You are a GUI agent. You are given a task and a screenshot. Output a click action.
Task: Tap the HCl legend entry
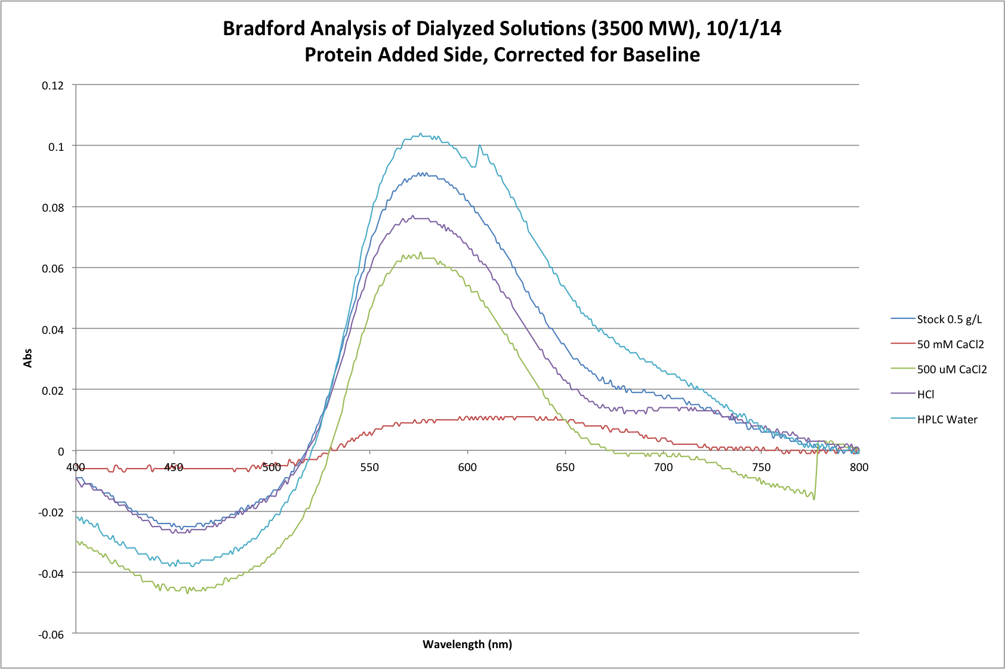[926, 395]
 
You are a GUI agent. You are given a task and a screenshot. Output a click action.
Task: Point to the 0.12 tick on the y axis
[53, 85]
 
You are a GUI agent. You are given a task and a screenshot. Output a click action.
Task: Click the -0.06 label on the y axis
[51, 634]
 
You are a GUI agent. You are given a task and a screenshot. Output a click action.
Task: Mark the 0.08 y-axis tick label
[53, 207]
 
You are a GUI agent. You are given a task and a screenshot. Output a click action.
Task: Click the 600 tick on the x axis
[467, 467]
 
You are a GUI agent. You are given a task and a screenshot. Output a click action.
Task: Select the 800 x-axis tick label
[859, 467]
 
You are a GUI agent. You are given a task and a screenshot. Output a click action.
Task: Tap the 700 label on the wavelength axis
[663, 467]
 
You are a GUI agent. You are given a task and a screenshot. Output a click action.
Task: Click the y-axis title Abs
[27, 358]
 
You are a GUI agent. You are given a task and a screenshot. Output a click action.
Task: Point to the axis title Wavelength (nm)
[467, 645]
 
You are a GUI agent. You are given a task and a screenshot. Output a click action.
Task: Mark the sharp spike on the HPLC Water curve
[479, 145]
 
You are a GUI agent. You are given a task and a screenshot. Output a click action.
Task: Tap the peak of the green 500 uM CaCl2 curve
[420, 253]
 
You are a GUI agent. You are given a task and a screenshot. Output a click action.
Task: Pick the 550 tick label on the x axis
[369, 467]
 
